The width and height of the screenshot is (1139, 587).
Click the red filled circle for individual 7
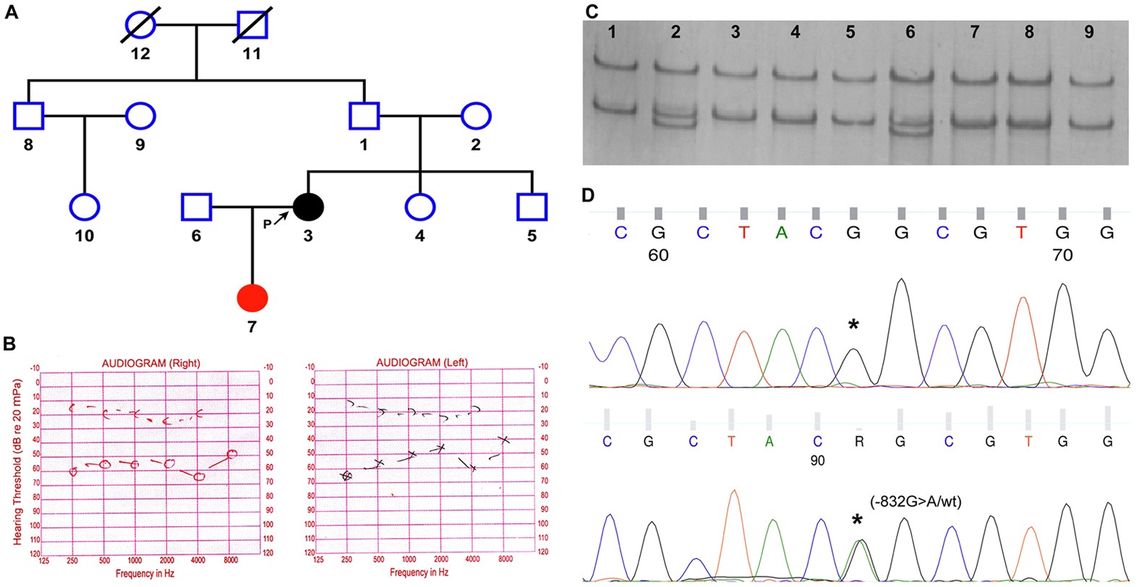tap(252, 298)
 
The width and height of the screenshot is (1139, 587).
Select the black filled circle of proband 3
tap(308, 207)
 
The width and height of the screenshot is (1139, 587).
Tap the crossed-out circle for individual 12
tap(140, 25)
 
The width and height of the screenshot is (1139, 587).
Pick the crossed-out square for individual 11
tap(252, 25)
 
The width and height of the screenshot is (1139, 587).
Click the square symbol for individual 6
tap(196, 207)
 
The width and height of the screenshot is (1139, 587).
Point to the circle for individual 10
tap(85, 207)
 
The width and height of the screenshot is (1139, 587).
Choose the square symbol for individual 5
tap(532, 207)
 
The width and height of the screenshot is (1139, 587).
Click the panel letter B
tap(10, 343)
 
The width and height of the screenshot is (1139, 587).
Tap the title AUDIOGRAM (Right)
tap(150, 363)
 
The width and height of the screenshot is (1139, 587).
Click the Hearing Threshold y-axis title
tap(17, 463)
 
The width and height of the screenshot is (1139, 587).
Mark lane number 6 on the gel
tap(910, 32)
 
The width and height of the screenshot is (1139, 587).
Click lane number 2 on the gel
tap(675, 32)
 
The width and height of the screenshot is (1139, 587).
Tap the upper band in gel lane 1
tap(613, 65)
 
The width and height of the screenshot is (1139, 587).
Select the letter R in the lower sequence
tap(859, 441)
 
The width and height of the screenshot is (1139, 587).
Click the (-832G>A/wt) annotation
tap(916, 502)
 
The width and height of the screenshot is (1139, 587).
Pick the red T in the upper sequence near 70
tap(1021, 232)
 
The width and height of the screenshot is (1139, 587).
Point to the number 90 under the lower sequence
tap(817, 460)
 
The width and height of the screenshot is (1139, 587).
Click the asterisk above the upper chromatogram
tap(853, 325)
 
